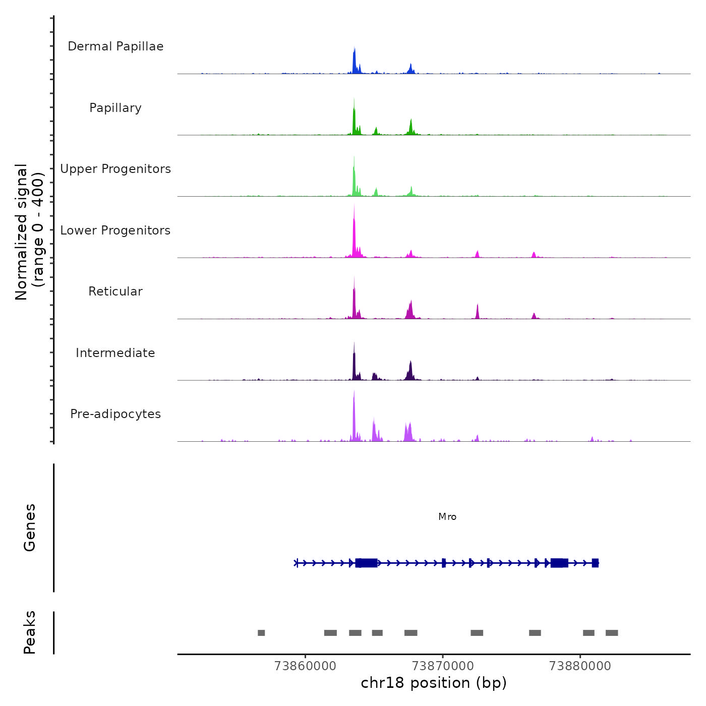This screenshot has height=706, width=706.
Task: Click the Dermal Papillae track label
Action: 115,46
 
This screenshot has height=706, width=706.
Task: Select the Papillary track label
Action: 115,108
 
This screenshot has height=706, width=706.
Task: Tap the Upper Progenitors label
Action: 115,169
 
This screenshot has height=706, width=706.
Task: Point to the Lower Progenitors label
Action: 115,230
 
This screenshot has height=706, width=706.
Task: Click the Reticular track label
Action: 115,291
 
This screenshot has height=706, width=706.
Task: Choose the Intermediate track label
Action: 115,353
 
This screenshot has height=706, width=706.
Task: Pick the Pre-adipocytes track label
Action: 115,414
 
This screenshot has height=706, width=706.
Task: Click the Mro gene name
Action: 447,516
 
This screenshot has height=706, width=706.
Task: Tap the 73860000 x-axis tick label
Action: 305,666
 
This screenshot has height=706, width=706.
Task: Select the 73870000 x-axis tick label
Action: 443,666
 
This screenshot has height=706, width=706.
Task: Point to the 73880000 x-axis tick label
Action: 580,666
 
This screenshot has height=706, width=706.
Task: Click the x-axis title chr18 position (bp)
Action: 434,683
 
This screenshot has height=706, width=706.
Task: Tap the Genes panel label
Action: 30,527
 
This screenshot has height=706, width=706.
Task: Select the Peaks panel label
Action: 30,632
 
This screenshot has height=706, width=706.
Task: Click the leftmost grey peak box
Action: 261,633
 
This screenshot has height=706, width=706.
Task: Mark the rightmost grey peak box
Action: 612,633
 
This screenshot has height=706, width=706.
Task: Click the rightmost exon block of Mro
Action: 595,563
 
